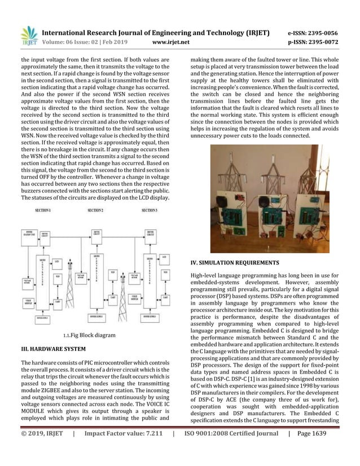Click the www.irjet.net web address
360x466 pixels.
click(172, 41)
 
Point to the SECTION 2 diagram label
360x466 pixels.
click(95, 210)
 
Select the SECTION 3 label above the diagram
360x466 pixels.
click(149, 210)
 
